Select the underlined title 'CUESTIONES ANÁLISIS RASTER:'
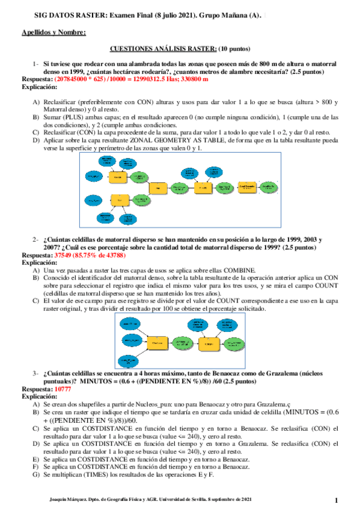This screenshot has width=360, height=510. [163, 48]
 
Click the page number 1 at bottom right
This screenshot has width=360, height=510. [337, 500]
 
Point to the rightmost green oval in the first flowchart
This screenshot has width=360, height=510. [269, 188]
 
